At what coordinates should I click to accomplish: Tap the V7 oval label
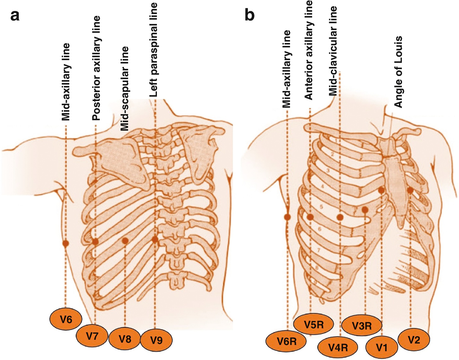[93, 336]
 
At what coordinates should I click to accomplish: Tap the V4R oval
[338, 347]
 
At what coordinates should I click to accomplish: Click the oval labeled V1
[382, 346]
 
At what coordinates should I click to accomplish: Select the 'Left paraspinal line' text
[154, 50]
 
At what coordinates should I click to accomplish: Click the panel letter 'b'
[250, 15]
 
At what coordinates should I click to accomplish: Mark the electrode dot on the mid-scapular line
[125, 241]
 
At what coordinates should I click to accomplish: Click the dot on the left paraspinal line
[155, 239]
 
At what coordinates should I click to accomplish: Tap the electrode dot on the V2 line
[410, 190]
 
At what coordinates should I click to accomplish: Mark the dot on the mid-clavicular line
[340, 217]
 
